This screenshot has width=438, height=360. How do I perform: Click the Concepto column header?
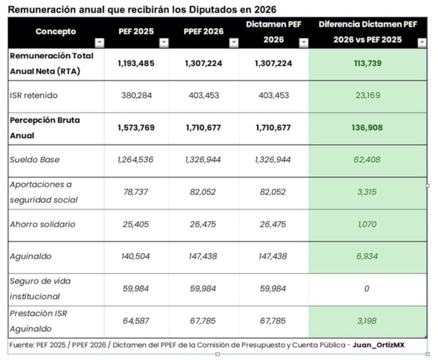click(55, 32)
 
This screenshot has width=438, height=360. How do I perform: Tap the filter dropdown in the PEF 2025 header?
click(163, 43)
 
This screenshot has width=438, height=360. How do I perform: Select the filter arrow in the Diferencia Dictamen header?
click(422, 43)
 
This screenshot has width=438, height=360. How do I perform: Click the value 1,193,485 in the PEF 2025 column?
click(136, 63)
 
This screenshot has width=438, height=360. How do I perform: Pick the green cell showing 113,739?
click(367, 63)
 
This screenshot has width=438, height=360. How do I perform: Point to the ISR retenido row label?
click(33, 96)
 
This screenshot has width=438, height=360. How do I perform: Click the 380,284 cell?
click(136, 96)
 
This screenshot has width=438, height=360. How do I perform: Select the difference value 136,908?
click(367, 128)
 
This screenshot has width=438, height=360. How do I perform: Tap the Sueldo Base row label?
click(34, 160)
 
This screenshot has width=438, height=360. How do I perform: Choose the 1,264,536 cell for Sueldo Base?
click(136, 160)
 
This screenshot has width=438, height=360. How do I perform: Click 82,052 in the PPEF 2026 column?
click(204, 192)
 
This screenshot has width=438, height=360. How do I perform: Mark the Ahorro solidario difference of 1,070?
click(367, 224)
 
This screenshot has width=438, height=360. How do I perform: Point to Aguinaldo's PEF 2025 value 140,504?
click(136, 257)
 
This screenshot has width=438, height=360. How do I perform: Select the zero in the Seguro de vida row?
click(367, 289)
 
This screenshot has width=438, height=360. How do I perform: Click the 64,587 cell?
click(136, 321)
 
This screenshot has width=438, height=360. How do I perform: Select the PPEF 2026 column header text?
click(203, 32)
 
